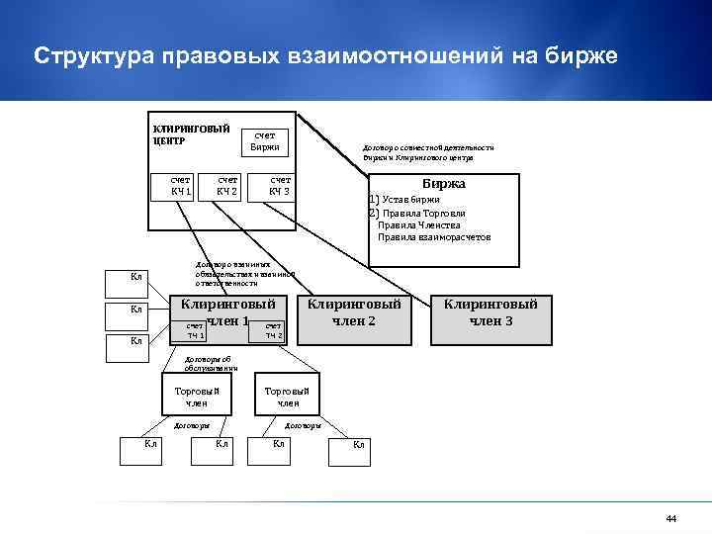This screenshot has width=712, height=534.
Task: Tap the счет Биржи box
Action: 264,140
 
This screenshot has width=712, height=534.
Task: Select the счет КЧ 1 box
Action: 179,185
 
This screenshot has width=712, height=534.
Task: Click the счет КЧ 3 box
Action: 280,185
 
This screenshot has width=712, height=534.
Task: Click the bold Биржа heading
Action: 443,184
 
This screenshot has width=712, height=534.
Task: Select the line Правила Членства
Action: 419,224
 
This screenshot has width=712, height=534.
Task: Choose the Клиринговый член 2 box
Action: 355,312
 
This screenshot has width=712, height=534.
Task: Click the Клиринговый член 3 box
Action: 490,312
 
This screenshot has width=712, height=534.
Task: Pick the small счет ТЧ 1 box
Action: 196,331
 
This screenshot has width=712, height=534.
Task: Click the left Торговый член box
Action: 196,397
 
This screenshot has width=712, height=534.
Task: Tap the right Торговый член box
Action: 288,397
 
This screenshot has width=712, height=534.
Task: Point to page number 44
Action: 671,519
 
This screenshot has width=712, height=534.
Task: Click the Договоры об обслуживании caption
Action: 211,364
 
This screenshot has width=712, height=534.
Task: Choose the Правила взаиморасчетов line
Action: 433,237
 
